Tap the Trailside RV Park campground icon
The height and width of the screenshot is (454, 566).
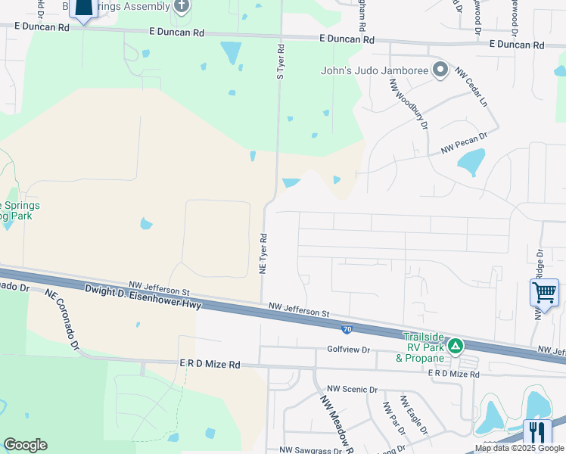coord(456,347)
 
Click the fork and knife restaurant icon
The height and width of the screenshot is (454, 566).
coord(537,433)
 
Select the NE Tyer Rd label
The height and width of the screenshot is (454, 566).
coord(264,253)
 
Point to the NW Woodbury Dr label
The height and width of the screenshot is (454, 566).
coord(409,105)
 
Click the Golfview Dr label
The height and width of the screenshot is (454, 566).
coord(348,350)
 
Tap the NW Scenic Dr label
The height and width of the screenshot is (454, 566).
coord(352,389)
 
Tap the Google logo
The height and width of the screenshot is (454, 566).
coord(25,445)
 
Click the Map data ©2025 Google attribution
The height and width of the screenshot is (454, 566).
coord(520,449)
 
